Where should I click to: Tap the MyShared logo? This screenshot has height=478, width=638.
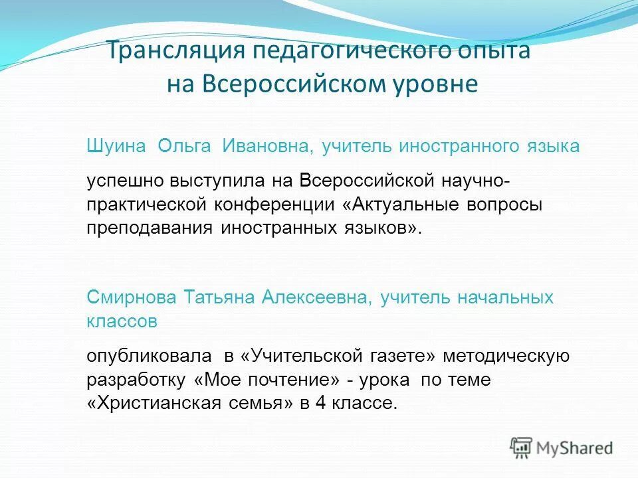pyautogui.click(x=562, y=447)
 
